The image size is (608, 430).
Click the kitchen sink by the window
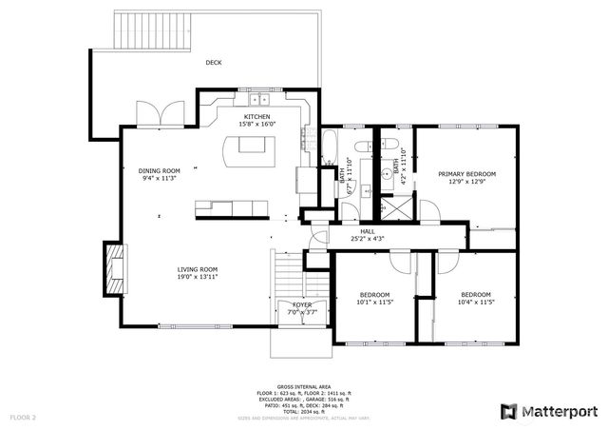(x=258, y=99)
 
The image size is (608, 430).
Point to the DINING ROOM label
(x=159, y=170)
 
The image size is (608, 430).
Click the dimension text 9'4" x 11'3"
(x=159, y=178)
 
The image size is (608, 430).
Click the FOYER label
(x=302, y=304)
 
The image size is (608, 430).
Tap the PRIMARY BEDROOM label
(x=466, y=174)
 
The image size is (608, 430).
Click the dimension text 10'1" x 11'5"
(x=374, y=302)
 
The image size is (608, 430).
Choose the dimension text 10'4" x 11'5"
(x=475, y=302)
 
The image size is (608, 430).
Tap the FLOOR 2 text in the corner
(x=23, y=417)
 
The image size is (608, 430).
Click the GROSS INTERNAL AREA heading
(x=303, y=386)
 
